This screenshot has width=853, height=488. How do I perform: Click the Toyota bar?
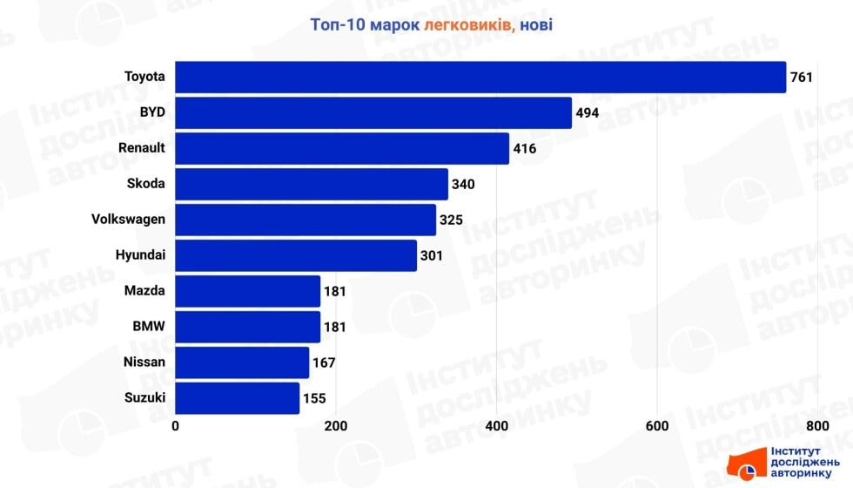tap(480, 77)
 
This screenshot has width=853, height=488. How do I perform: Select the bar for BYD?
tap(373, 112)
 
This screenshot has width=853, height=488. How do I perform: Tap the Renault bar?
tap(342, 148)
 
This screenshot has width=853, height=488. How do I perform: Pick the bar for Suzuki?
tap(238, 398)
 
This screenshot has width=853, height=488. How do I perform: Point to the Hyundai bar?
tap(296, 255)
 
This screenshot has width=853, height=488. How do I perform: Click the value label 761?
tap(801, 78)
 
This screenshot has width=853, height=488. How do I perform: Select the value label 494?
tap(587, 113)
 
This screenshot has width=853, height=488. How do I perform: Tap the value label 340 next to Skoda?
tap(463, 185)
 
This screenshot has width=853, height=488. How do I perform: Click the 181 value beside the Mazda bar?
tap(335, 291)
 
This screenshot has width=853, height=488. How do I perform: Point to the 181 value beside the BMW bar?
tap(335, 327)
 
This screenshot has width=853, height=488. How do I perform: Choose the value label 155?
tap(314, 399)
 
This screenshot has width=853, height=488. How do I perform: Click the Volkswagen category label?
tap(128, 220)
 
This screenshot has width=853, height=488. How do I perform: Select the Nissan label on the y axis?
tap(144, 363)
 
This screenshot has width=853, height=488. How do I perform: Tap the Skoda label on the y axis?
tap(145, 184)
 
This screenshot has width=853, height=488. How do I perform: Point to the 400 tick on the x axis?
tap(496, 426)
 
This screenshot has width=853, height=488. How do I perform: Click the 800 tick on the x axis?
tap(816, 426)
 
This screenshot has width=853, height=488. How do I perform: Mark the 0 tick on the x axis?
tap(176, 426)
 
